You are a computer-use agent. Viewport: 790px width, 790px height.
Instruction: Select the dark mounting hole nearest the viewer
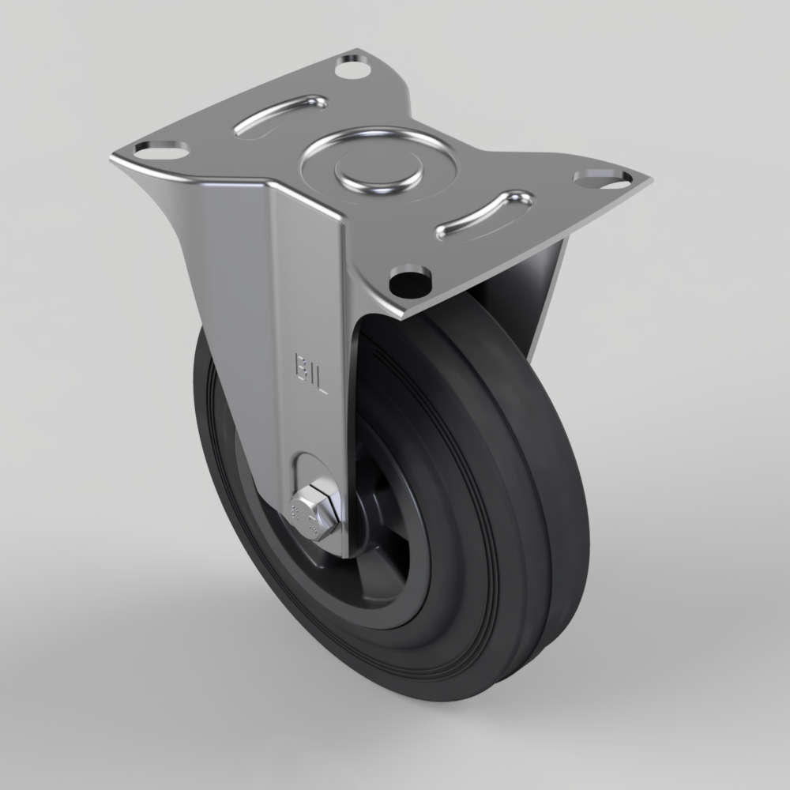tap(410, 277)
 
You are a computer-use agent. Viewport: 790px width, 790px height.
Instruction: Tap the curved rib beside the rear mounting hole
tap(280, 113)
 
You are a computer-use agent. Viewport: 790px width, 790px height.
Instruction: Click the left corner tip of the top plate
tap(112, 158)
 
